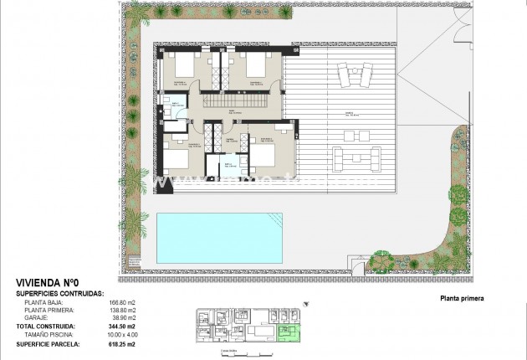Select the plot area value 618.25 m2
pyautogui.click(x=121, y=342)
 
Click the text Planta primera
pyautogui.click(x=461, y=297)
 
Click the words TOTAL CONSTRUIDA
pyautogui.click(x=46, y=327)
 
